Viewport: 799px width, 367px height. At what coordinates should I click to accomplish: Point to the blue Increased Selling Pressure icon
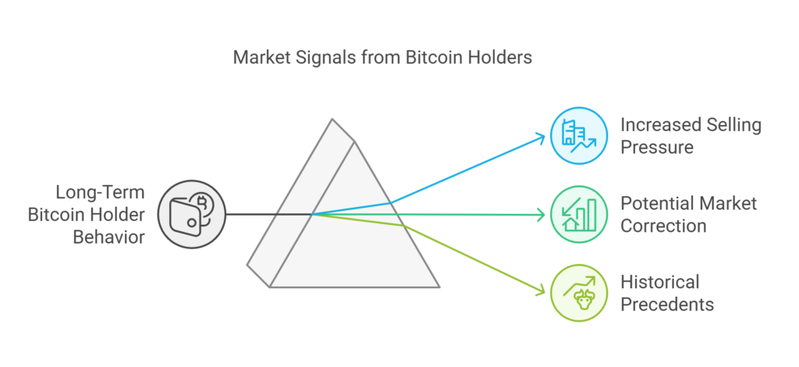[x=577, y=137]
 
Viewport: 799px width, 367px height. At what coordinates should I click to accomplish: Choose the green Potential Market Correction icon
[x=577, y=213]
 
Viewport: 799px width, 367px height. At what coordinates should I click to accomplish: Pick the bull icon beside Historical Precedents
[x=577, y=293]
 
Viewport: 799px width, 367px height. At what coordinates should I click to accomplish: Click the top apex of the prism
[x=333, y=119]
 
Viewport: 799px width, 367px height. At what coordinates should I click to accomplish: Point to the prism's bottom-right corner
[x=441, y=287]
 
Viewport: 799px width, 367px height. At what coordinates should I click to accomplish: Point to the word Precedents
[x=668, y=304]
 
